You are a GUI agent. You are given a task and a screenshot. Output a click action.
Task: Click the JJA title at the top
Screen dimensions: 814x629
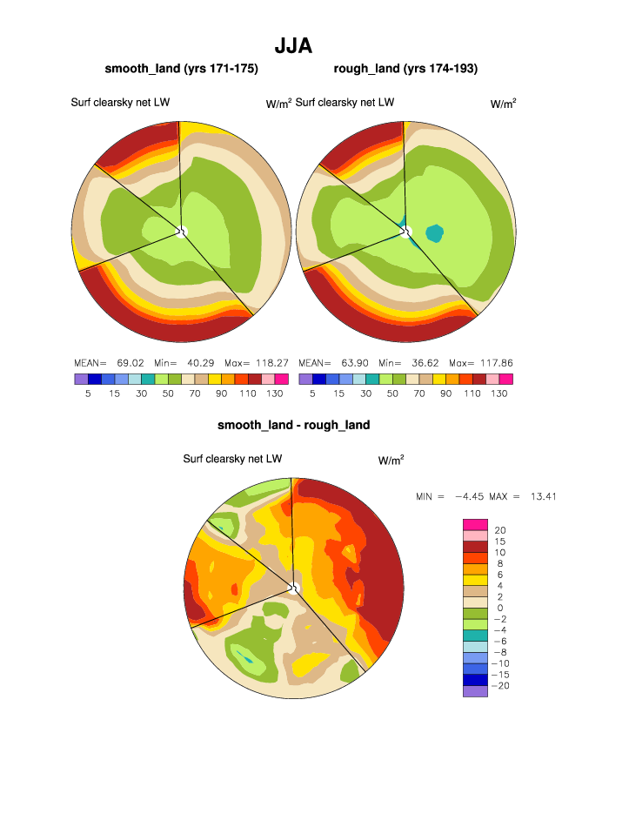point(293,44)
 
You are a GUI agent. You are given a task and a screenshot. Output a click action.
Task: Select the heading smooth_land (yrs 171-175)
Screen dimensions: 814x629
point(181,69)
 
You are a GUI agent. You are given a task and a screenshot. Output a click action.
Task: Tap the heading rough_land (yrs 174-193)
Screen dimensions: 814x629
point(405,69)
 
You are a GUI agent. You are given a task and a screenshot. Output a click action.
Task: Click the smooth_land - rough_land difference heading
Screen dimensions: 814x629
point(293,425)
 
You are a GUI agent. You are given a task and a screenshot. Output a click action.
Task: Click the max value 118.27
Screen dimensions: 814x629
point(270,362)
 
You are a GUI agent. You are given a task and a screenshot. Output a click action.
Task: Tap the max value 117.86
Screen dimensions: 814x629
point(494,362)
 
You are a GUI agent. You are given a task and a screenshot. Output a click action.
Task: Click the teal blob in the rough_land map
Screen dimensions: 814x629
point(434,232)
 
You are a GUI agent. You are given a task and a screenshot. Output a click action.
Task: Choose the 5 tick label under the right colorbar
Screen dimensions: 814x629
point(311,394)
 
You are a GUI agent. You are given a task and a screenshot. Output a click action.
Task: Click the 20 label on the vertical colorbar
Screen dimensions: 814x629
point(500,530)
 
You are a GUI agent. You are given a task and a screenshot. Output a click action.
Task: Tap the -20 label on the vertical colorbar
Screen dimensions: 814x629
point(502,686)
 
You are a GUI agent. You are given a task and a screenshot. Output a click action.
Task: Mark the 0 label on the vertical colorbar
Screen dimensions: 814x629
point(499,608)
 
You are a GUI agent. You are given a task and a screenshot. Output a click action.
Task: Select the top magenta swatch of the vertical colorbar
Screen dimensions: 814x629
point(475,524)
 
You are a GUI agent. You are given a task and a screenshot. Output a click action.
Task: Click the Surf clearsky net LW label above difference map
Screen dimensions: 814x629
point(232,459)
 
